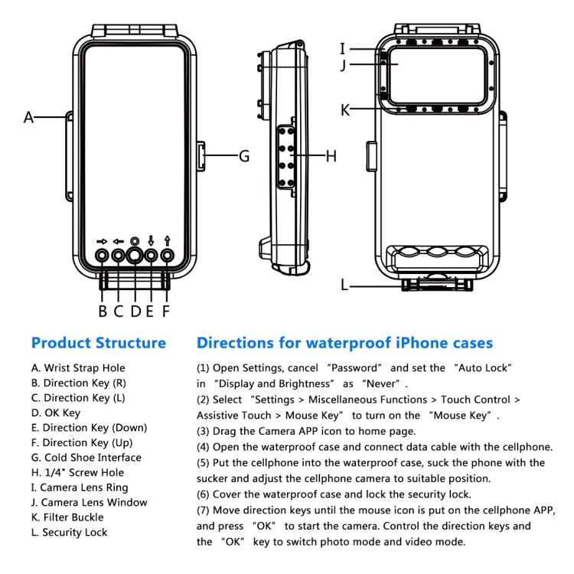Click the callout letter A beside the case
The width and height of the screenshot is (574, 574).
29,117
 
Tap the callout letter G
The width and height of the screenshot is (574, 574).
244,156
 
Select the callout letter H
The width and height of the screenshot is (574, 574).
331,156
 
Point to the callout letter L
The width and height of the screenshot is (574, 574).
344,285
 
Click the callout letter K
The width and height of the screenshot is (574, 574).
345,110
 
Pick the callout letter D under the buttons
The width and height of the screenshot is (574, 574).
135,311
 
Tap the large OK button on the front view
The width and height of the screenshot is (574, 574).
135,256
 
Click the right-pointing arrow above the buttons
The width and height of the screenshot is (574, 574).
102,240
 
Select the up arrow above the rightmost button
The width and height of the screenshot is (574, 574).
167,240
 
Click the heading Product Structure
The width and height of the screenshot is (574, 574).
98,343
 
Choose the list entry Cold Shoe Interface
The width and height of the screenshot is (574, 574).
86,458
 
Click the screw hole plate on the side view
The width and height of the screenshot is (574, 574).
289,156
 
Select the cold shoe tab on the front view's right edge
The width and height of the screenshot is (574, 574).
201,156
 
